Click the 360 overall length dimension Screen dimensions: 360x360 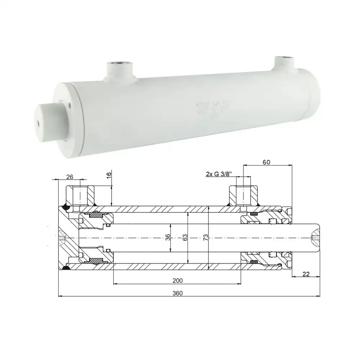[x=178, y=293]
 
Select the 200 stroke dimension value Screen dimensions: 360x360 [x=178, y=280]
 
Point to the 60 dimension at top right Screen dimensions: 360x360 [x=266, y=162]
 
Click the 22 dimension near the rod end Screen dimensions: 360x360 [x=306, y=274]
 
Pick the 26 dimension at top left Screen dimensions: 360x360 [x=70, y=176]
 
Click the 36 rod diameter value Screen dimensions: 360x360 [x=168, y=238]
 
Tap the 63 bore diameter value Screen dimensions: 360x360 [x=185, y=238]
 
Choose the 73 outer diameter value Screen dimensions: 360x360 [x=206, y=238]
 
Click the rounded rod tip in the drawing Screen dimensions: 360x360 [x=315, y=238]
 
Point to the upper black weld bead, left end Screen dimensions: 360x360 [x=66, y=207]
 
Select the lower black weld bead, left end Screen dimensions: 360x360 [x=66, y=268]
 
